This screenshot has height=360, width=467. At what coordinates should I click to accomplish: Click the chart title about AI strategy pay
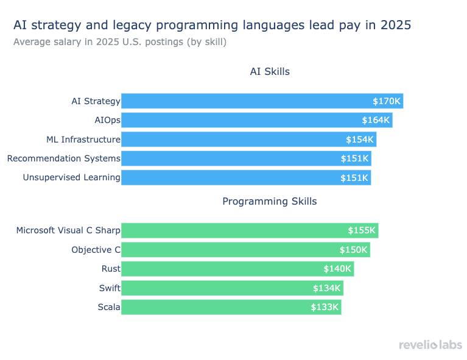coord(212,25)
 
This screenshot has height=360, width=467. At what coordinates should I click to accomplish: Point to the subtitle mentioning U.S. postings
coord(120,42)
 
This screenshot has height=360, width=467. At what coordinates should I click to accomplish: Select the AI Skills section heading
coord(270,71)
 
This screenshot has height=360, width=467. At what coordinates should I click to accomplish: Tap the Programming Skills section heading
coord(270,201)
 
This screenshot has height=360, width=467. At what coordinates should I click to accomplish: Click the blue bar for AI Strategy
coord(244,101)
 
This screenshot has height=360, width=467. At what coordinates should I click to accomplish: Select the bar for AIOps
coord(244,120)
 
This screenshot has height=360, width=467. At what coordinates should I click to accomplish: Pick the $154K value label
coord(359,139)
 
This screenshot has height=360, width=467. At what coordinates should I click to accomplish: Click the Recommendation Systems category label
coord(64,158)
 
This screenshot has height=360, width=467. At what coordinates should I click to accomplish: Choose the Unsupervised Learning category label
coord(71,178)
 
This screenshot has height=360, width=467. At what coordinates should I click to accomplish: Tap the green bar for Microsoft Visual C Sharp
coord(244,230)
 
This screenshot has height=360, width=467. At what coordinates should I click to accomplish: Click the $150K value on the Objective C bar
coord(354,250)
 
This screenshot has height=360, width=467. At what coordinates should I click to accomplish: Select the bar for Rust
coord(231,269)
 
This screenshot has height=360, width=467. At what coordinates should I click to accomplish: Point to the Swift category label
coord(110,288)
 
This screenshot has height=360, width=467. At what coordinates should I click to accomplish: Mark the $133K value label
coord(325,307)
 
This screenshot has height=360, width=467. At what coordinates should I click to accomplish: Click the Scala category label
coord(109,307)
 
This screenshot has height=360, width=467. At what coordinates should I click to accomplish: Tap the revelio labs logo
coord(430,345)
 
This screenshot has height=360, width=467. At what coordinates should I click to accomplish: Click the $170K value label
coord(387,101)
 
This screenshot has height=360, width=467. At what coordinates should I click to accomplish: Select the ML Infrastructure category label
coord(83,139)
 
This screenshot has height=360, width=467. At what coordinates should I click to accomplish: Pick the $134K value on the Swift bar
coord(327,288)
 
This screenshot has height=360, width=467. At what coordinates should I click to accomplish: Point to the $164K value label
coord(376,120)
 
